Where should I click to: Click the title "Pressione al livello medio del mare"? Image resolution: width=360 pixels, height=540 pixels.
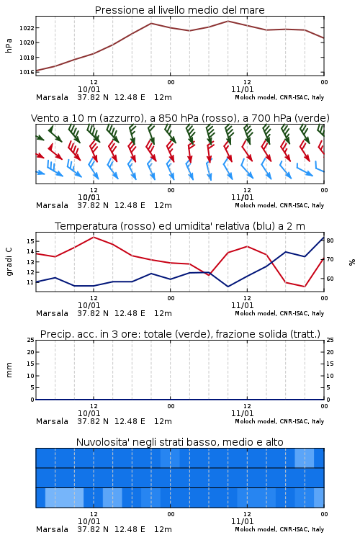click(179, 10)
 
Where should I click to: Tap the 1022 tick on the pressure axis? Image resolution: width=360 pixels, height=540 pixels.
click(27, 28)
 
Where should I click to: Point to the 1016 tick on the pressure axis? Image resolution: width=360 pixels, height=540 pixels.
click(27, 72)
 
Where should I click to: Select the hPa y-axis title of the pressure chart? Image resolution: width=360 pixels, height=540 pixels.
click(9, 45)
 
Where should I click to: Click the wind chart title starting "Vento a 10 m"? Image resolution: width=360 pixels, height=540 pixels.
click(180, 118)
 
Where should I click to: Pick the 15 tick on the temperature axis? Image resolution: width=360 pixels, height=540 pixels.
click(30, 241)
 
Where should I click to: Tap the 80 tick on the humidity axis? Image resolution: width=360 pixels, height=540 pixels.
click(330, 240)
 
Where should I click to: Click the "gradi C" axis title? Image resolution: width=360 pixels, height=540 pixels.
click(9, 261)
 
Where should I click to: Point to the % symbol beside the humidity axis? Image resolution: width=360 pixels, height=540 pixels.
click(352, 262)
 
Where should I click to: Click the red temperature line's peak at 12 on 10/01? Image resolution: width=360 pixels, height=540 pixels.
click(94, 237)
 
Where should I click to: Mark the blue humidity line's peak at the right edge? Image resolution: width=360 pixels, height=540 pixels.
click(323, 237)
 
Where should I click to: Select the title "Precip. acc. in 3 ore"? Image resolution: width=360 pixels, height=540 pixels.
click(90, 334)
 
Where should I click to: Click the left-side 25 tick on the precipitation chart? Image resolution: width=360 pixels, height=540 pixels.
click(31, 340)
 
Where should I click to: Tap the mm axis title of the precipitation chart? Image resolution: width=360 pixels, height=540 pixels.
click(9, 370)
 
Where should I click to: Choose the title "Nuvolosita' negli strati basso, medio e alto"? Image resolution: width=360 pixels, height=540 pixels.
click(179, 442)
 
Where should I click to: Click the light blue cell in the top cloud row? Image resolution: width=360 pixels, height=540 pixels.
click(305, 458)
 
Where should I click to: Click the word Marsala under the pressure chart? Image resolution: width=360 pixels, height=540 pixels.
click(52, 97)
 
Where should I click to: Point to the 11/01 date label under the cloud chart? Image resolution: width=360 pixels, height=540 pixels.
click(242, 521)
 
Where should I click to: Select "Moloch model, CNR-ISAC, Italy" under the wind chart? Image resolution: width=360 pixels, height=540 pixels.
click(279, 206)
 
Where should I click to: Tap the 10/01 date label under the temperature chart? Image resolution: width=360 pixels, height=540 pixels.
click(89, 305)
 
